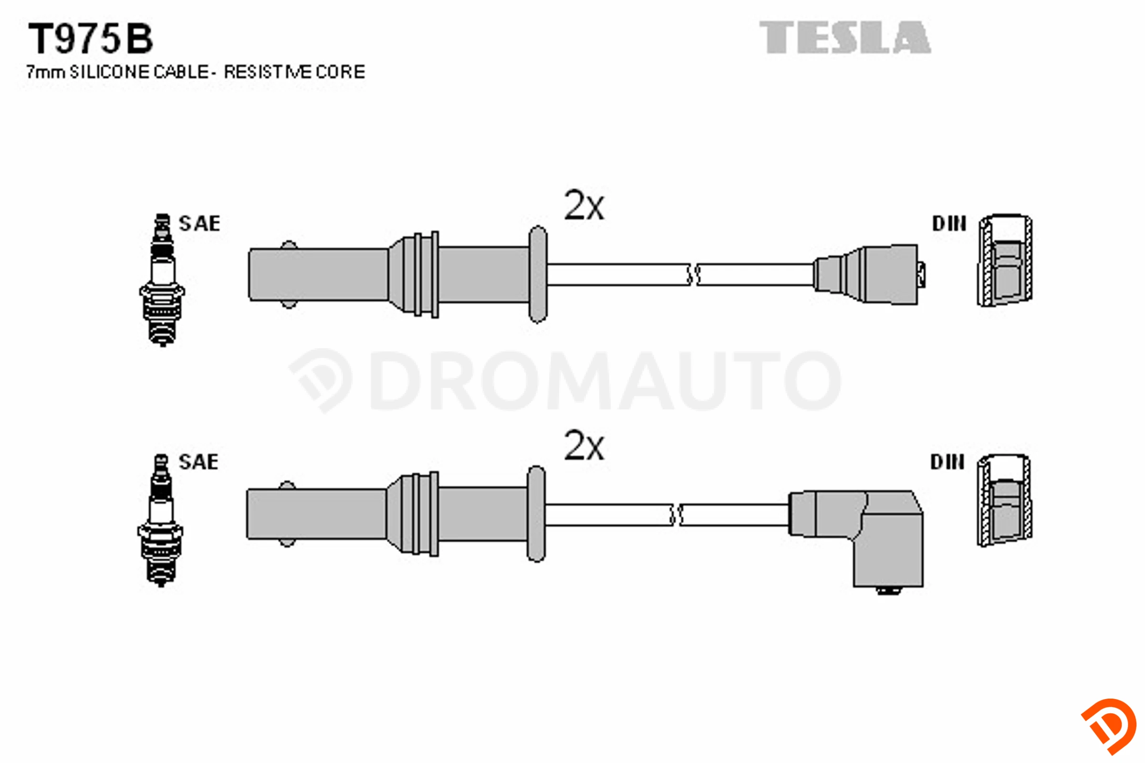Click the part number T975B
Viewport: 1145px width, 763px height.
(x=91, y=39)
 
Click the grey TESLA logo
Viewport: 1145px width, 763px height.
(x=845, y=37)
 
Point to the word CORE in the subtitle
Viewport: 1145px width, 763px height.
(x=340, y=72)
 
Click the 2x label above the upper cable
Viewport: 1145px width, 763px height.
(x=584, y=206)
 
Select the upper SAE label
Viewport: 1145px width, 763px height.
(x=199, y=223)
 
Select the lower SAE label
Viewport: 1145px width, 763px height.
(x=198, y=462)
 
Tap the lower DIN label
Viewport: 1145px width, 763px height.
(x=947, y=462)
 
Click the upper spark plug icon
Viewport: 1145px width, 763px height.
(x=162, y=280)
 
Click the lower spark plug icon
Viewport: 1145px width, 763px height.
(x=161, y=520)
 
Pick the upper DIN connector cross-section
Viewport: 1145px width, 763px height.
(x=1005, y=260)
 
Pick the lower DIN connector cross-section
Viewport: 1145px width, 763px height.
(x=1004, y=500)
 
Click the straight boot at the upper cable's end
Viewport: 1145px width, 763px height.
(x=869, y=275)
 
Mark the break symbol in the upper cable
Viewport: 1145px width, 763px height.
(x=694, y=275)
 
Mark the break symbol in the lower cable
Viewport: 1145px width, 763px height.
(x=676, y=515)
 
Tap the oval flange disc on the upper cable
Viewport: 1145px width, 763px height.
(x=538, y=275)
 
